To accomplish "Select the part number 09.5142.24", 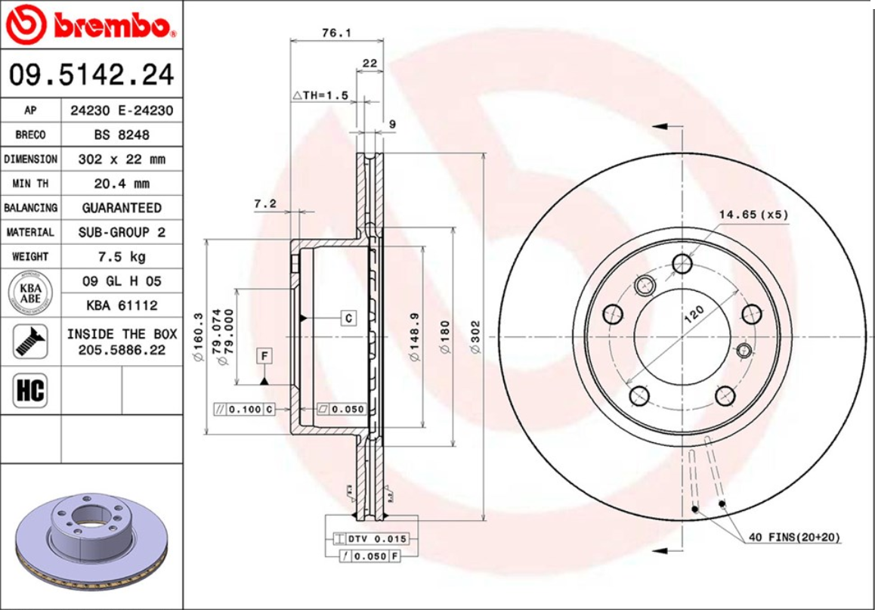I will (91, 75).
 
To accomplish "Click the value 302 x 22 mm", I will (122, 159).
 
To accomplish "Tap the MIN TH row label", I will (29, 184).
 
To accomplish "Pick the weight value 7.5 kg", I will (122, 256).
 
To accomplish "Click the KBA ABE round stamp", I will (29, 293).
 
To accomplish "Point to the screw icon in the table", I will (29, 341).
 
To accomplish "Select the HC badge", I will (29, 391).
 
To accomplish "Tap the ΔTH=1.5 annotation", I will (320, 95).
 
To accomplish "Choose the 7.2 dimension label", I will (264, 203).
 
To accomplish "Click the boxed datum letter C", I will (348, 317).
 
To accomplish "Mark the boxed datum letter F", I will (264, 355).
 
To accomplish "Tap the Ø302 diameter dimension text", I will (475, 336).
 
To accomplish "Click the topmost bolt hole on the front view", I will (682, 264).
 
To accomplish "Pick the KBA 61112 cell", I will (122, 305).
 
